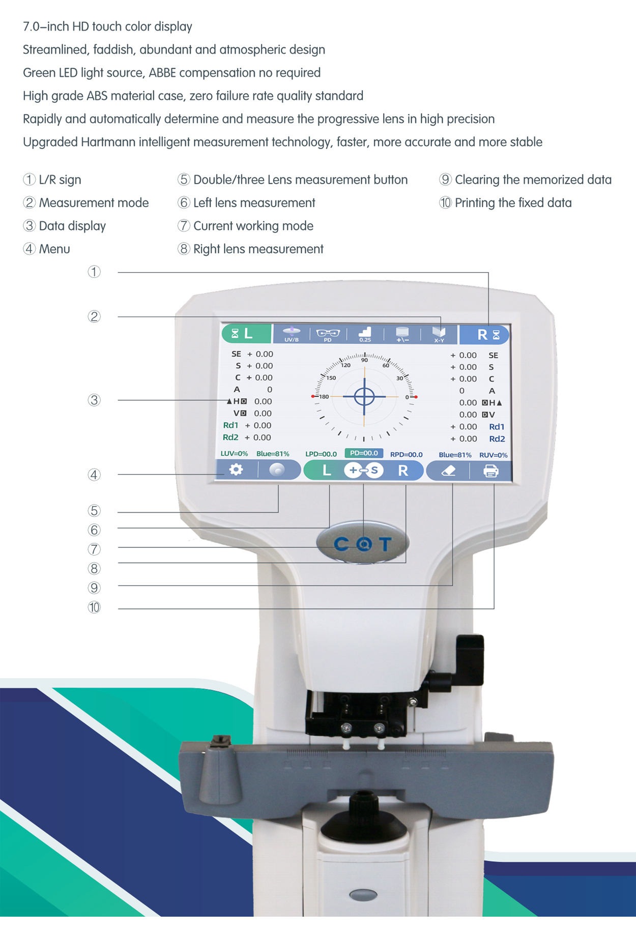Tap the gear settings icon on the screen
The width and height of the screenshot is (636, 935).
(236, 470)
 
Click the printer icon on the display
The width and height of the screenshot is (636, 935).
(490, 471)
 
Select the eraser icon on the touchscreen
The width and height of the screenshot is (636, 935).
(448, 471)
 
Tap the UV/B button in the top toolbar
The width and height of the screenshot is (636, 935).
(292, 334)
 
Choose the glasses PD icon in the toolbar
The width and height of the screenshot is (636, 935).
(328, 335)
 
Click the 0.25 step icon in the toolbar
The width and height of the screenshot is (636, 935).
(365, 334)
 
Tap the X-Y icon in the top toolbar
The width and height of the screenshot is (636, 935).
(439, 335)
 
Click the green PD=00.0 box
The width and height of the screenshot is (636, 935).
(364, 453)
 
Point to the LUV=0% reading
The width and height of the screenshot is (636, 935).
(234, 453)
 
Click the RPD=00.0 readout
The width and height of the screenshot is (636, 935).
(406, 454)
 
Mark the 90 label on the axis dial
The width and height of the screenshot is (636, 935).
(364, 360)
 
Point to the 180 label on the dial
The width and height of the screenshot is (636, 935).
(324, 396)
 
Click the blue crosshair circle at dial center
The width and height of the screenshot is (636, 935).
(364, 396)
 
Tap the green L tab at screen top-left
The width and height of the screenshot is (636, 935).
(246, 334)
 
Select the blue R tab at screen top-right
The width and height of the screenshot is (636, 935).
(484, 335)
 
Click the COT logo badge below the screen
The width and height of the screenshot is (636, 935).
(363, 543)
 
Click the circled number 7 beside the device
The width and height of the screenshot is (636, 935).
(94, 549)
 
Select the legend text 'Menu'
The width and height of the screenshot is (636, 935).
(54, 249)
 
